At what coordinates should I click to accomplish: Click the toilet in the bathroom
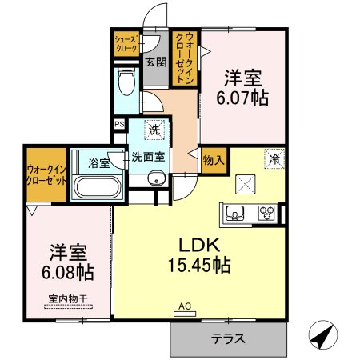126,81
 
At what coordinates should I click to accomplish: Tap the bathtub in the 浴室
97,187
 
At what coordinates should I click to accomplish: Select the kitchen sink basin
234,213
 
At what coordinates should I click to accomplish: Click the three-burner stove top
266,213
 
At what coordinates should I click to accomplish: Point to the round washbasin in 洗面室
156,178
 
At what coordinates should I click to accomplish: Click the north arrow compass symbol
323,334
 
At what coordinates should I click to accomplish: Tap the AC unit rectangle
185,314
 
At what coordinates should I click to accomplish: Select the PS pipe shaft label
119,124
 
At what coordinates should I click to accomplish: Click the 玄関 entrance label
156,62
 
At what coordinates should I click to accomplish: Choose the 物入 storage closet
214,161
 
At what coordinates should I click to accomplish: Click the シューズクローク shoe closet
127,44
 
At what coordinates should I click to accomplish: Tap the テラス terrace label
228,339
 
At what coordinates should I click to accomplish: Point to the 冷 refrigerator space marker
274,159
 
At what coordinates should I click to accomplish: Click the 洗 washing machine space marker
154,130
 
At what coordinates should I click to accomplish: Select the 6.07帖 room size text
242,98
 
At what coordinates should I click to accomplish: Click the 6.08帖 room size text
68,272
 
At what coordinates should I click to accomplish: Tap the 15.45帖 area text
199,265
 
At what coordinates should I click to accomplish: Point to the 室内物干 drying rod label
68,298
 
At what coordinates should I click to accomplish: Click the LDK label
199,245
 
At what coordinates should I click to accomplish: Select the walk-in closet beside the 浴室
46,174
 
